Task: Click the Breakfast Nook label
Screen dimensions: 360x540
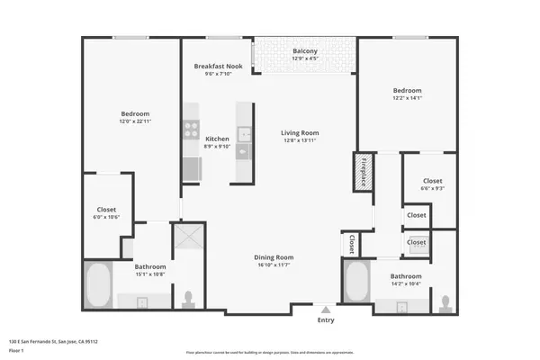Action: (x=218, y=67)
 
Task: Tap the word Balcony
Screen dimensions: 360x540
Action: (x=305, y=51)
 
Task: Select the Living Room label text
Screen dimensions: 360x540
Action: (x=301, y=132)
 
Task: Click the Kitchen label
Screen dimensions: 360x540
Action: (x=216, y=139)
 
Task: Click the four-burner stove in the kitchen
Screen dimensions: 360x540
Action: (x=191, y=129)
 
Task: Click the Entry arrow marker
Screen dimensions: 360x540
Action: (x=325, y=307)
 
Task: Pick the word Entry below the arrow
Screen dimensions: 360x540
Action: (x=325, y=319)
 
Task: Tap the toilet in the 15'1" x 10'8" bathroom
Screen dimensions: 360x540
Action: (x=188, y=298)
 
